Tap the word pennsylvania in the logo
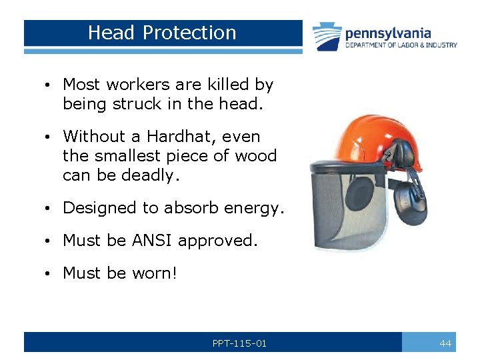388,33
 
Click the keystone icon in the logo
327,37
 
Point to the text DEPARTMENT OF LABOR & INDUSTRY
401,45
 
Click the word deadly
153,176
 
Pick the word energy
254,208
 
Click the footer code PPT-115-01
239,343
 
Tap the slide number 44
445,343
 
